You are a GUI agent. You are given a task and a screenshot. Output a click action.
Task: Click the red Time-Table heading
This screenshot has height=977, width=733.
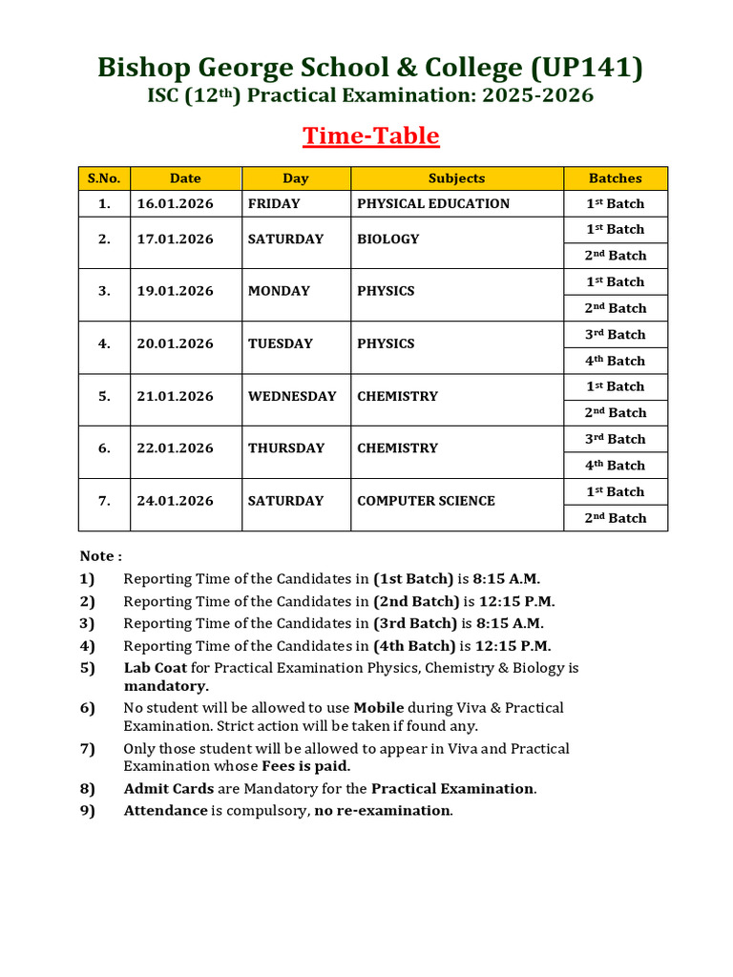[371, 136]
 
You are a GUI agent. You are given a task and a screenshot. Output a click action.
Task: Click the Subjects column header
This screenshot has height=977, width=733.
[456, 178]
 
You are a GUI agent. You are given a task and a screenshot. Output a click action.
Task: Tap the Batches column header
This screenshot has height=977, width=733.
[615, 178]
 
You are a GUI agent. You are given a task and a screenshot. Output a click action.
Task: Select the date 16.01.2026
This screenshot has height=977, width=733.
[175, 203]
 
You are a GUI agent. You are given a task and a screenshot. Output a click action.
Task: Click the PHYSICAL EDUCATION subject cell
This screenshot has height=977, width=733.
[433, 203]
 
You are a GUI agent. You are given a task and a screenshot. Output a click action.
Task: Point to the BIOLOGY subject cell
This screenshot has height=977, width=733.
[387, 239]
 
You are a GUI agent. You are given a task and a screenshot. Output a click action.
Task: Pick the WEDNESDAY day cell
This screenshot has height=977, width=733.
[292, 396]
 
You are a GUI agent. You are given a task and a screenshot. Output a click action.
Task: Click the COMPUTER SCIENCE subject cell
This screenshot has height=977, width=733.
[426, 501]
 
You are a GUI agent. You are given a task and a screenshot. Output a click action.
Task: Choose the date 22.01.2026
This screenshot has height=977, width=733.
[175, 448]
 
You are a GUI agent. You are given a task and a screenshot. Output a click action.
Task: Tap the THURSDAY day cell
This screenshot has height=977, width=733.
[286, 448]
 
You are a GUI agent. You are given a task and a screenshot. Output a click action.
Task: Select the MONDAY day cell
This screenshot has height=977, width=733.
[279, 291]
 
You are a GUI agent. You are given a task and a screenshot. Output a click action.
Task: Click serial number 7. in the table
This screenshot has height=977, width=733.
[104, 501]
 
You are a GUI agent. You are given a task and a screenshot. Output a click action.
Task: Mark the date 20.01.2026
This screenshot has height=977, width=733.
[175, 343]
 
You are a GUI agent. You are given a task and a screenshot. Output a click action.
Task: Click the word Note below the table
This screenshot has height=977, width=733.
[99, 556]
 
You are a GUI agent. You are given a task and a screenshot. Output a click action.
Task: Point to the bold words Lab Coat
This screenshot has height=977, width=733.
[155, 668]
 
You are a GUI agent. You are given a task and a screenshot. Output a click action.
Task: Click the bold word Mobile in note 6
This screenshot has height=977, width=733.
[379, 708]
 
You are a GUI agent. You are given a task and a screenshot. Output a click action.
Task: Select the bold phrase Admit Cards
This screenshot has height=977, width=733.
[168, 789]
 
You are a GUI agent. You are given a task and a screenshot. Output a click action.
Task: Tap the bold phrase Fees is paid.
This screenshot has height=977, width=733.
[306, 766]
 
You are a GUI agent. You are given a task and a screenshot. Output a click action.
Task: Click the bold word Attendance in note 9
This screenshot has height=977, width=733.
[165, 811]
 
